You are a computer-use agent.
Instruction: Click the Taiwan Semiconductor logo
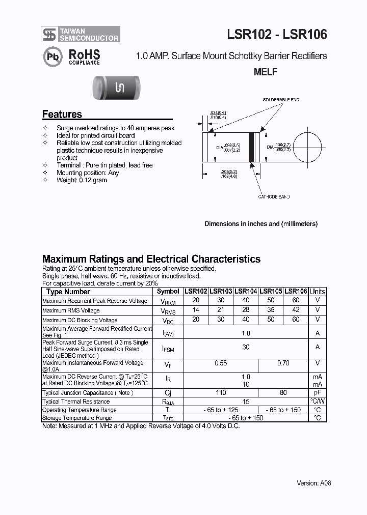[x=81, y=34]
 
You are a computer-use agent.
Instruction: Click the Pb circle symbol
[x=51, y=56]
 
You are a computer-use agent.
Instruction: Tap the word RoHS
[x=84, y=54]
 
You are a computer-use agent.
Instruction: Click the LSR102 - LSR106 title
[x=277, y=34]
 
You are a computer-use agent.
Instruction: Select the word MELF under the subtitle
[x=266, y=72]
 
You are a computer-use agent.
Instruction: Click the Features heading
[x=62, y=115]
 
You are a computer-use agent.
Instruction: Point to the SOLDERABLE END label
[x=281, y=100]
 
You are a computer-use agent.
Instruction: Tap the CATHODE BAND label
[x=273, y=196]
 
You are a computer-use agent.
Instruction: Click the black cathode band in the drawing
[x=251, y=147]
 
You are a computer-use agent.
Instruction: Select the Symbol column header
[x=168, y=292]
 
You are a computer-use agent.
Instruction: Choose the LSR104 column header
[x=246, y=292]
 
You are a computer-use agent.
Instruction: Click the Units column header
[x=318, y=292]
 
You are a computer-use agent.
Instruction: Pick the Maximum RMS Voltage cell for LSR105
[x=271, y=310]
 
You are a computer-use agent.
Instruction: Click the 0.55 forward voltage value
[x=221, y=363]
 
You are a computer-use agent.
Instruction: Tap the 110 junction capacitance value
[x=221, y=393]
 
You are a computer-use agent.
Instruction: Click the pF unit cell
[x=318, y=393]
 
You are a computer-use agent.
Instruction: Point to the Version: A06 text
[x=314, y=483]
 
